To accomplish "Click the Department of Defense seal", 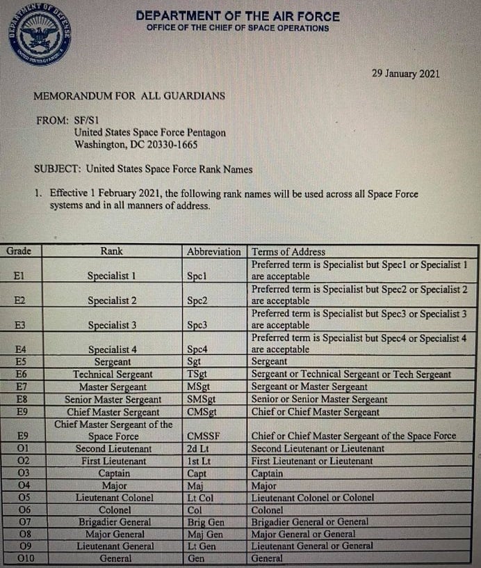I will pyautogui.click(x=40, y=34).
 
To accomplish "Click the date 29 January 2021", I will pyautogui.click(x=405, y=74).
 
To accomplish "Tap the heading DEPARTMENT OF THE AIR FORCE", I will pyautogui.click(x=238, y=15).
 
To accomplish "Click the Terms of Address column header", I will pyautogui.click(x=288, y=251).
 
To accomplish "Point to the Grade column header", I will pyautogui.click(x=19, y=251).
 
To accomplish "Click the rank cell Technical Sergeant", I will pyautogui.click(x=113, y=374).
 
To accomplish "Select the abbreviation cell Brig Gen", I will pyautogui.click(x=205, y=522).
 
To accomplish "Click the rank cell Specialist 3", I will pyautogui.click(x=112, y=325).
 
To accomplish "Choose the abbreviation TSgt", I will pyautogui.click(x=198, y=374).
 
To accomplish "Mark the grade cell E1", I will pyautogui.click(x=19, y=276).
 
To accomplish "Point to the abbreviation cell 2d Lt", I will pyautogui.click(x=199, y=449).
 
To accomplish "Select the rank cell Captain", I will pyautogui.click(x=113, y=473).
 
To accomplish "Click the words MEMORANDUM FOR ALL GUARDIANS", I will pyautogui.click(x=129, y=95).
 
